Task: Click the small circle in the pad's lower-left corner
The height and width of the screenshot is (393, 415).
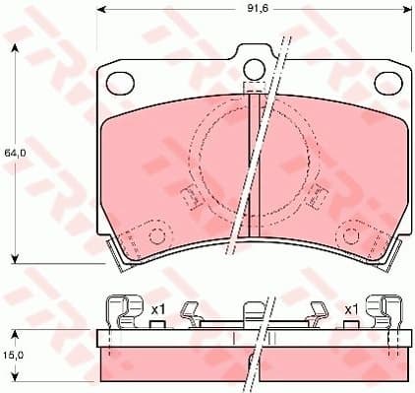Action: (154, 235)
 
